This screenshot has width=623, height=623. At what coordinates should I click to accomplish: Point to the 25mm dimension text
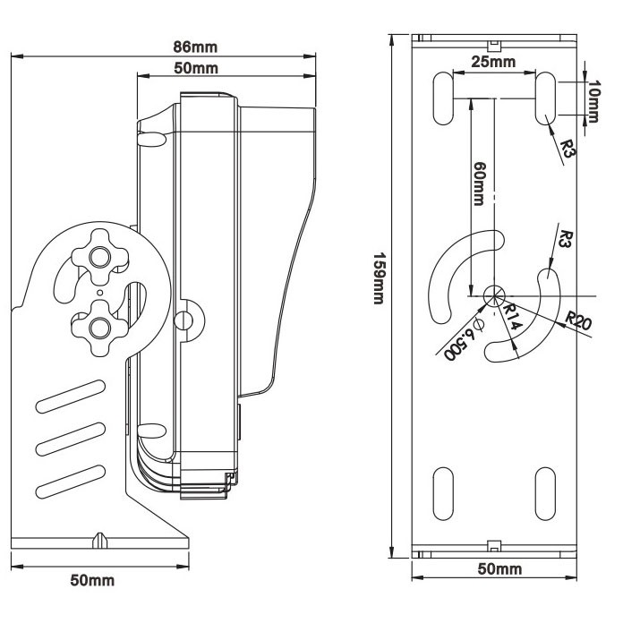click(494, 62)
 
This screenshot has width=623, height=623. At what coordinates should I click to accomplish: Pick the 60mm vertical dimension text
click(481, 183)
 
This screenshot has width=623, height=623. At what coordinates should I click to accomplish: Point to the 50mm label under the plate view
click(499, 569)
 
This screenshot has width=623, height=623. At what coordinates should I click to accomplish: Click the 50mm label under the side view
click(92, 579)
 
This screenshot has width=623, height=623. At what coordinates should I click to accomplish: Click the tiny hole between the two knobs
click(98, 290)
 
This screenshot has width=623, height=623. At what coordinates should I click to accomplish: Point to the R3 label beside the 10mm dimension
click(566, 148)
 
